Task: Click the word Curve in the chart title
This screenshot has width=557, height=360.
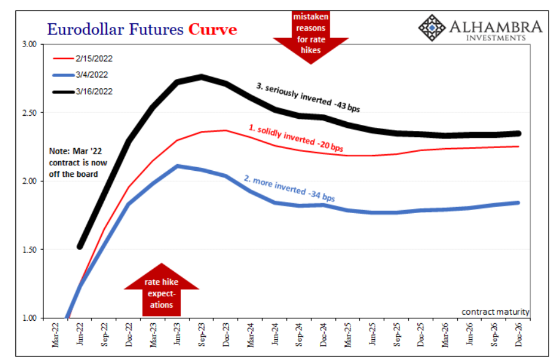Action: (213, 29)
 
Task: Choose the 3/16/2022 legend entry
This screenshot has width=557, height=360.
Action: (94, 91)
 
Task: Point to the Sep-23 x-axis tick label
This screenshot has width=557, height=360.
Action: (201, 335)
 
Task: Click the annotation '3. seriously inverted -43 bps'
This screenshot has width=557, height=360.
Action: (307, 98)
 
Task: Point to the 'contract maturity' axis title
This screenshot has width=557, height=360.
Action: (495, 312)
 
